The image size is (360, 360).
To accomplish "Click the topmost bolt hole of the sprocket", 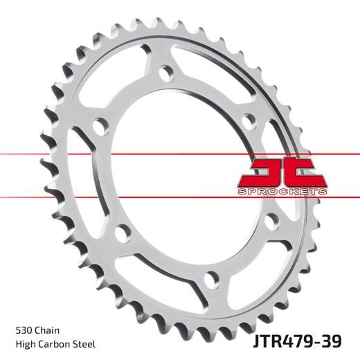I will coord(165,72).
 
